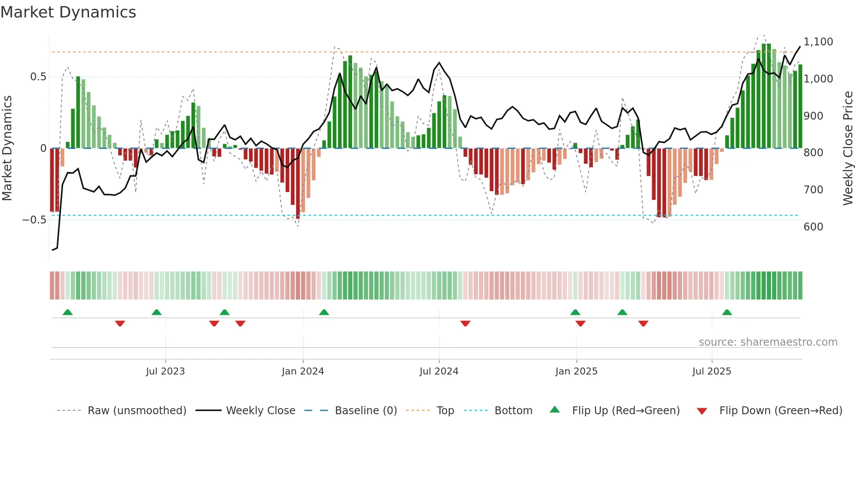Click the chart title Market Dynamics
tap(68, 12)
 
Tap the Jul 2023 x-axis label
tap(165, 371)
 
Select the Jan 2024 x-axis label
tap(303, 371)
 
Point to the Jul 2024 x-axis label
tap(439, 371)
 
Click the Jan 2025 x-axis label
tap(576, 371)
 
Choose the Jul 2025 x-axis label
tap(711, 371)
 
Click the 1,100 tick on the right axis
tap(818, 42)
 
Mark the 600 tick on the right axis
tap(813, 227)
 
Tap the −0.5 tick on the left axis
tap(34, 220)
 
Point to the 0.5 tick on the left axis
tap(38, 77)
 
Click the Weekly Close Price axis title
tap(848, 148)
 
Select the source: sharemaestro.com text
tap(768, 342)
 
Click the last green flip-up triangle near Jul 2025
tap(727, 313)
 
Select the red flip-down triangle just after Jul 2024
tap(465, 323)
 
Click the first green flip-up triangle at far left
tap(68, 313)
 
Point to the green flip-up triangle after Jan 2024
tap(324, 313)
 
